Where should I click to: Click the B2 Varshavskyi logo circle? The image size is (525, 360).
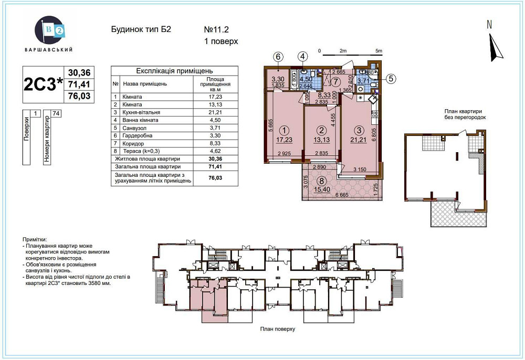[x=49, y=30]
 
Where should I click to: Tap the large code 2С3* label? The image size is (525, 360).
[x=43, y=84]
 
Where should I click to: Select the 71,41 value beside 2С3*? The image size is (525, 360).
[x=78, y=84]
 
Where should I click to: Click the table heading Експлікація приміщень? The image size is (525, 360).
[x=174, y=71]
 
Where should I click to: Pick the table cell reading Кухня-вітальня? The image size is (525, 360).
[x=141, y=112]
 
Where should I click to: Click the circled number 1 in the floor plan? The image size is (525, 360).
[x=284, y=130]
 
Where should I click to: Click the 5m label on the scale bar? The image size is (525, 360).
[x=379, y=50]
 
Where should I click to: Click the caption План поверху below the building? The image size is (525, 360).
[x=277, y=329]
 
